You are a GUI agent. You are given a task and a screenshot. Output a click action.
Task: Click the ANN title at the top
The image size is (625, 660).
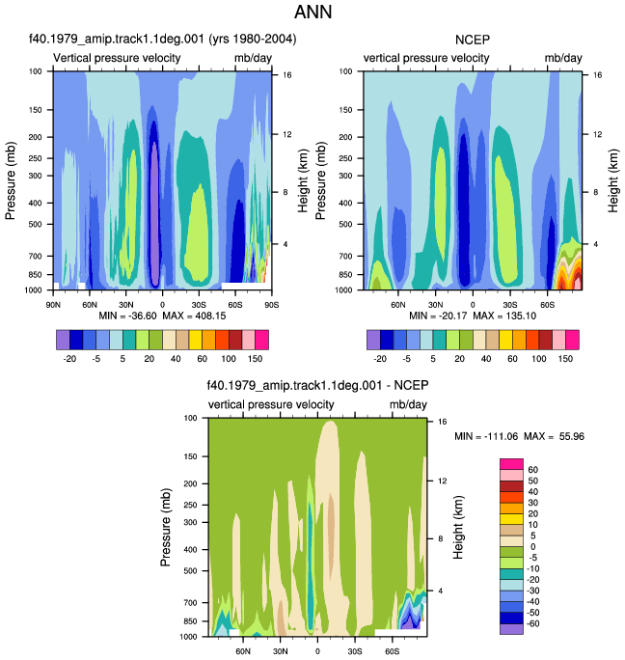(312, 12)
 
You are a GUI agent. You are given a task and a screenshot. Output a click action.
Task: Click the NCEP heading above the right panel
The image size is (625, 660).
(473, 40)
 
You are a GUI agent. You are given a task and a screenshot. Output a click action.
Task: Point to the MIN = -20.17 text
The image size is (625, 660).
(438, 316)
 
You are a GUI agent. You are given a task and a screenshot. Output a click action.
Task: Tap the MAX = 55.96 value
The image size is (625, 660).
(554, 436)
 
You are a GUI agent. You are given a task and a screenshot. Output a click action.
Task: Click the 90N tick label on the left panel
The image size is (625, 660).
(53, 305)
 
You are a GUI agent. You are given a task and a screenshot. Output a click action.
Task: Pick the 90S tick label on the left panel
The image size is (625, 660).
(272, 305)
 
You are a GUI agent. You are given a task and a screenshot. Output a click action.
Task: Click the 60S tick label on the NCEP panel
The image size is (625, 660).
(547, 305)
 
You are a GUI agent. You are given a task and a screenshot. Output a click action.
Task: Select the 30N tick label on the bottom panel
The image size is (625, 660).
(281, 651)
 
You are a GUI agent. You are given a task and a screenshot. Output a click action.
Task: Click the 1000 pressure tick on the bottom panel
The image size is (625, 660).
(188, 637)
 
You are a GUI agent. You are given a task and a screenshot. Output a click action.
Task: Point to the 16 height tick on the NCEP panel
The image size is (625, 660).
(598, 75)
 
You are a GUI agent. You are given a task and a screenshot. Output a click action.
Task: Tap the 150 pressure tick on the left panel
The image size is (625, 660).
(36, 110)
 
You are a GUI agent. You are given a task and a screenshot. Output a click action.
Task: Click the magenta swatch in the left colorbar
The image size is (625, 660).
(261, 340)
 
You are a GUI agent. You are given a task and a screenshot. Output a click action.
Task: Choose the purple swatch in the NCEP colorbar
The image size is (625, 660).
(373, 340)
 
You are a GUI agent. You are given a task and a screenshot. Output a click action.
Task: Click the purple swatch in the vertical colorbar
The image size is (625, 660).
(511, 629)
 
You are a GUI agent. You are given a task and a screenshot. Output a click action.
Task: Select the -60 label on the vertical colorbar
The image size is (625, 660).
(532, 623)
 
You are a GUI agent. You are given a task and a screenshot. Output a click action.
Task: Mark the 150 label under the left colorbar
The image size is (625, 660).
(255, 359)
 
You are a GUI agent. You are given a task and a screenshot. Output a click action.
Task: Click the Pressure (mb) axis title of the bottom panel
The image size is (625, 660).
(165, 527)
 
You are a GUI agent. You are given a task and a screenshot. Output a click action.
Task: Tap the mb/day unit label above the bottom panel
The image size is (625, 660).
(408, 404)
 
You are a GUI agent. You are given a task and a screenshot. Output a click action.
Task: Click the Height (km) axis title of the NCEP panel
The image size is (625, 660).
(613, 180)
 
